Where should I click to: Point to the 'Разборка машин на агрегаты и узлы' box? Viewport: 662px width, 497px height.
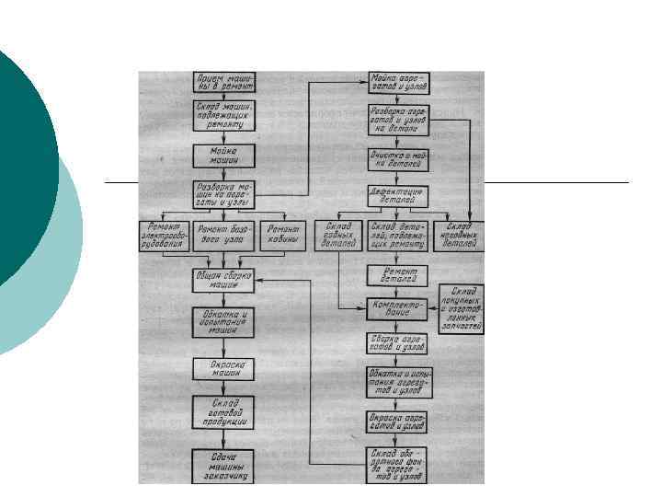[x=225, y=193]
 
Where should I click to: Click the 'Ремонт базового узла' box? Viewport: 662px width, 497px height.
[x=225, y=236]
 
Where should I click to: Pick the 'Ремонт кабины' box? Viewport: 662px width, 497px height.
[x=282, y=236]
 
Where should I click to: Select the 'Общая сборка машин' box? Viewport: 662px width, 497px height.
[x=225, y=280]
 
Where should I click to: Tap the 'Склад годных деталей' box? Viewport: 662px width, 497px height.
[x=339, y=236]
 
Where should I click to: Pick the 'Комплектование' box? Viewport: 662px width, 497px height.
[x=398, y=307]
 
